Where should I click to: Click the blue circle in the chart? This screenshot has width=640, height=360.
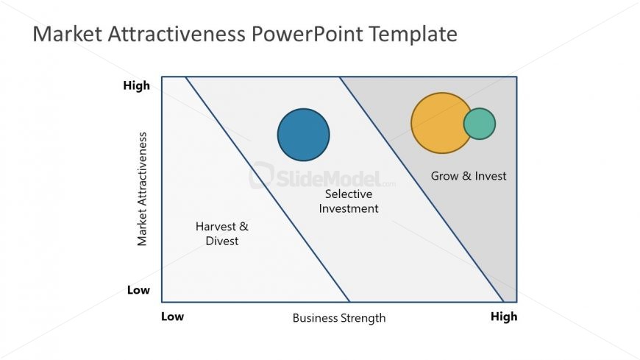tap(303, 135)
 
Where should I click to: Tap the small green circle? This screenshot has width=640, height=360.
tap(480, 124)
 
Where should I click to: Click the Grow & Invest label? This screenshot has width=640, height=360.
tap(469, 176)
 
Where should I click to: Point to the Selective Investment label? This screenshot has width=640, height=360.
tap(349, 201)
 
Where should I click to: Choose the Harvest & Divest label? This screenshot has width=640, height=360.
tap(221, 233)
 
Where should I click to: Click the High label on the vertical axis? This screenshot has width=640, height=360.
tap(136, 86)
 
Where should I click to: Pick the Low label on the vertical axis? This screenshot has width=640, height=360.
tap(138, 290)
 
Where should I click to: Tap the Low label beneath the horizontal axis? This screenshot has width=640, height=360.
tap(172, 317)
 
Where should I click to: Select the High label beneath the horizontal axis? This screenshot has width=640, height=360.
tap(504, 317)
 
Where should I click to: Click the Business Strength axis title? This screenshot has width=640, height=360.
tap(339, 318)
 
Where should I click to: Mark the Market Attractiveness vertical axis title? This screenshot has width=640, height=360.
tap(142, 188)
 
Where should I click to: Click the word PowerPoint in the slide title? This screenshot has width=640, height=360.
tap(307, 34)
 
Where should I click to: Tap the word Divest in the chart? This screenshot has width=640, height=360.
tap(222, 241)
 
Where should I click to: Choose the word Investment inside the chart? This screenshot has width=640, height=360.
tap(349, 208)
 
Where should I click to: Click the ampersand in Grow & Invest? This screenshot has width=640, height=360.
tap(466, 176)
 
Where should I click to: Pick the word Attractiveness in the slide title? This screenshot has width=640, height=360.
tap(177, 34)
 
